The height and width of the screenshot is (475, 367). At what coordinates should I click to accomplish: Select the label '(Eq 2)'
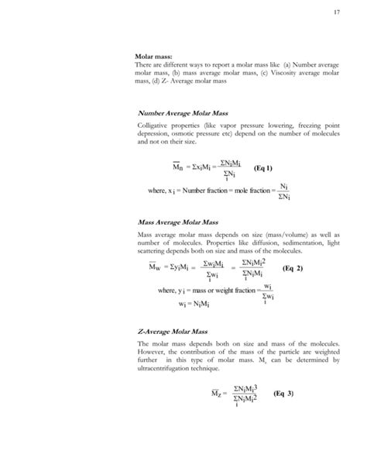[293, 268]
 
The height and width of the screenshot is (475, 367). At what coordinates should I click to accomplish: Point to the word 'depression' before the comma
[154, 135]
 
